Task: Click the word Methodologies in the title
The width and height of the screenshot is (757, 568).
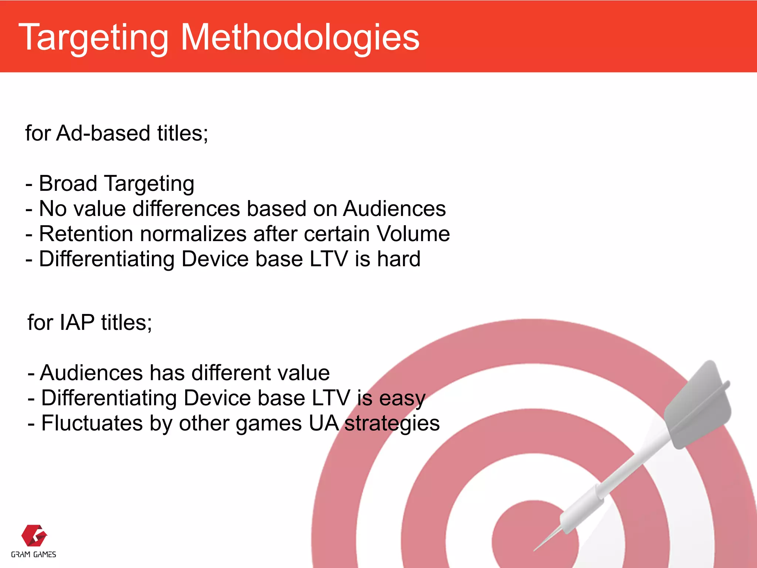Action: (300, 38)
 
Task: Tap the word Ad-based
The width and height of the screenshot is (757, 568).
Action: (103, 133)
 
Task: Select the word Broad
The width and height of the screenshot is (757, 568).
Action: (68, 184)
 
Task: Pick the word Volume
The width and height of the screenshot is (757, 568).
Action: (413, 234)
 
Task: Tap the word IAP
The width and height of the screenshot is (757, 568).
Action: (77, 322)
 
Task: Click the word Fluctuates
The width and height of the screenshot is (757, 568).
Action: (92, 423)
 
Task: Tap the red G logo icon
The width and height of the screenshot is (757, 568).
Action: (34, 535)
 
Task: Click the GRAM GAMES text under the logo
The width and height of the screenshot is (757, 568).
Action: (34, 555)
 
